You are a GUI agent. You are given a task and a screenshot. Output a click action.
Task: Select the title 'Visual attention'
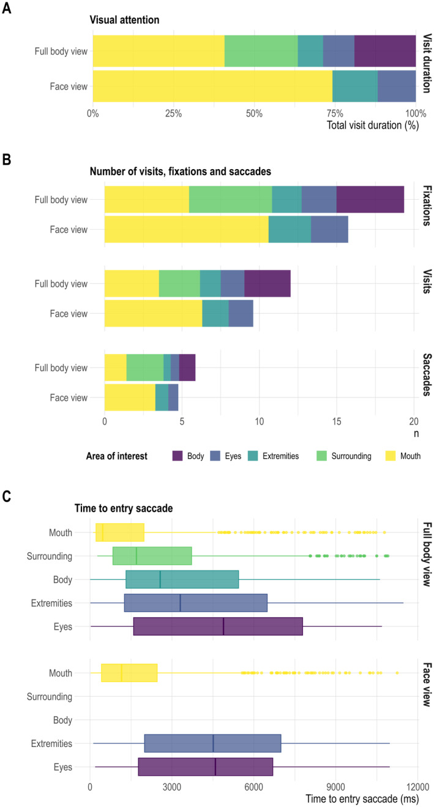[x=125, y=20]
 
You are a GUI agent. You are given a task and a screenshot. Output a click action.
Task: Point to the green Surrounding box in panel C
[x=152, y=556]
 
